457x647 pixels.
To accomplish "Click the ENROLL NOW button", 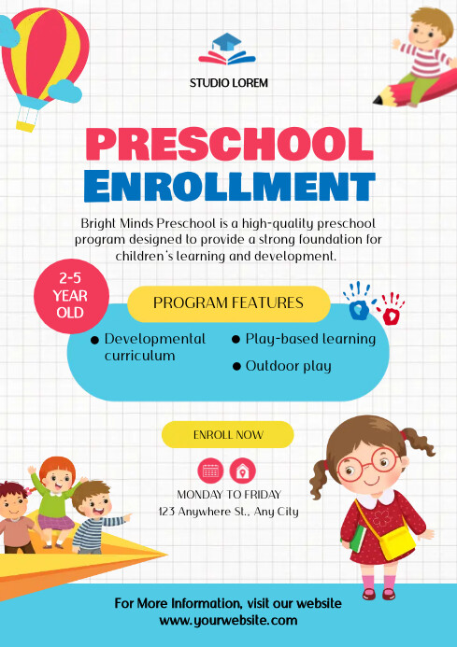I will (x=228, y=435).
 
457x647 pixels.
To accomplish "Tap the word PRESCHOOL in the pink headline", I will (x=229, y=144).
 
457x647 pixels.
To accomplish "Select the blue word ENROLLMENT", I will (x=229, y=186).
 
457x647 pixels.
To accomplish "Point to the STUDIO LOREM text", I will (x=229, y=83).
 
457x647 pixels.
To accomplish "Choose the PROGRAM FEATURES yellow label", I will (x=228, y=303).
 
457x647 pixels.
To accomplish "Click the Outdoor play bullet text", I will (x=288, y=366).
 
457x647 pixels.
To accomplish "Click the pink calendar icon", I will (x=211, y=470).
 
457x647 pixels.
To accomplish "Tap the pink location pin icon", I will (x=242, y=470).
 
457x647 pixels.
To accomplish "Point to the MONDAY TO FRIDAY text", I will (x=228, y=494).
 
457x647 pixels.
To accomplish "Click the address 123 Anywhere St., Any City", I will (x=228, y=511).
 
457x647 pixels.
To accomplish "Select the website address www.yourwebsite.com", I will (x=228, y=620).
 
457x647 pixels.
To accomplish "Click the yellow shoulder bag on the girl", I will (x=397, y=541).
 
